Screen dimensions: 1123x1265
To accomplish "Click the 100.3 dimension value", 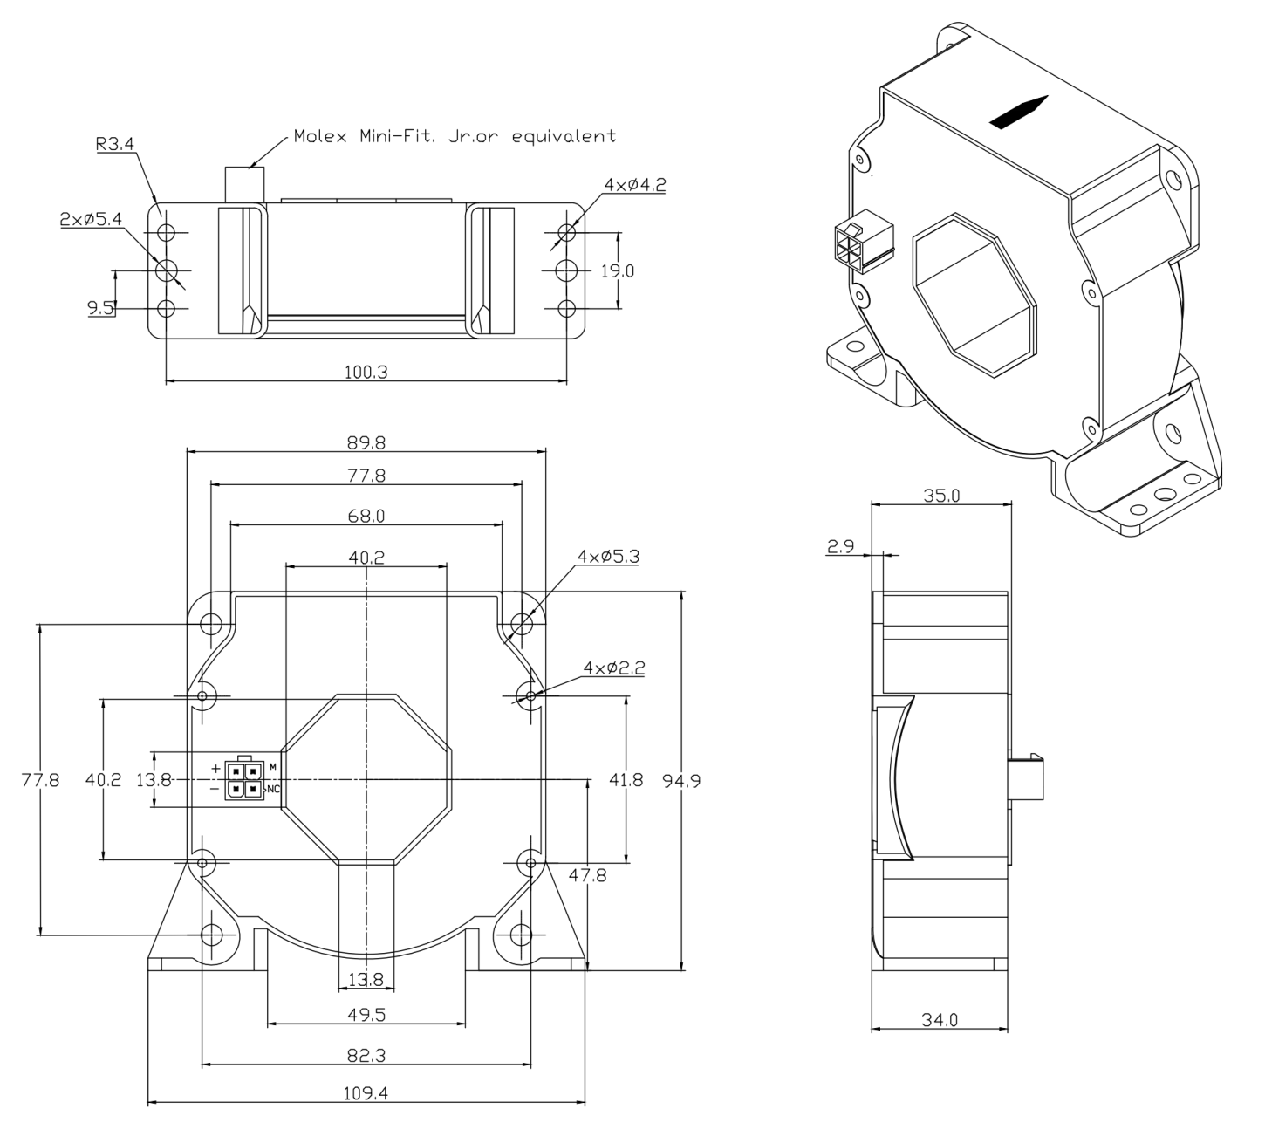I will pyautogui.click(x=366, y=372).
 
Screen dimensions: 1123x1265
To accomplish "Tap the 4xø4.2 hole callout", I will pyautogui.click(x=635, y=185).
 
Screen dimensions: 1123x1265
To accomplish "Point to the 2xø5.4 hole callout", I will pyautogui.click(x=87, y=221).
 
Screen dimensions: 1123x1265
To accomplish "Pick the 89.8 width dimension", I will pyautogui.click(x=366, y=442).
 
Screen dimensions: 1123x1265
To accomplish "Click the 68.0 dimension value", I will pyautogui.click(x=366, y=516).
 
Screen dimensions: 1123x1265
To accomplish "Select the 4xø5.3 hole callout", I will pyautogui.click(x=608, y=556).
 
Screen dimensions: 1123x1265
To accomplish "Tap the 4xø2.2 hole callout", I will pyautogui.click(x=614, y=668).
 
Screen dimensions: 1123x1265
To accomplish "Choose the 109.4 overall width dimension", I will pyautogui.click(x=366, y=1094).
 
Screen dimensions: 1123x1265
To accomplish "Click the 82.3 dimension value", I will pyautogui.click(x=366, y=1056).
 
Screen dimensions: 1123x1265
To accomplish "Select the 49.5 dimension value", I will pyautogui.click(x=366, y=1016).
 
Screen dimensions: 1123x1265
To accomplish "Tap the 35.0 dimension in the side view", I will pyautogui.click(x=942, y=496).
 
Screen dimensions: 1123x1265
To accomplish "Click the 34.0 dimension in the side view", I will pyautogui.click(x=940, y=1019).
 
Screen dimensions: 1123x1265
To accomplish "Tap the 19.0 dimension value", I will pyautogui.click(x=617, y=270).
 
